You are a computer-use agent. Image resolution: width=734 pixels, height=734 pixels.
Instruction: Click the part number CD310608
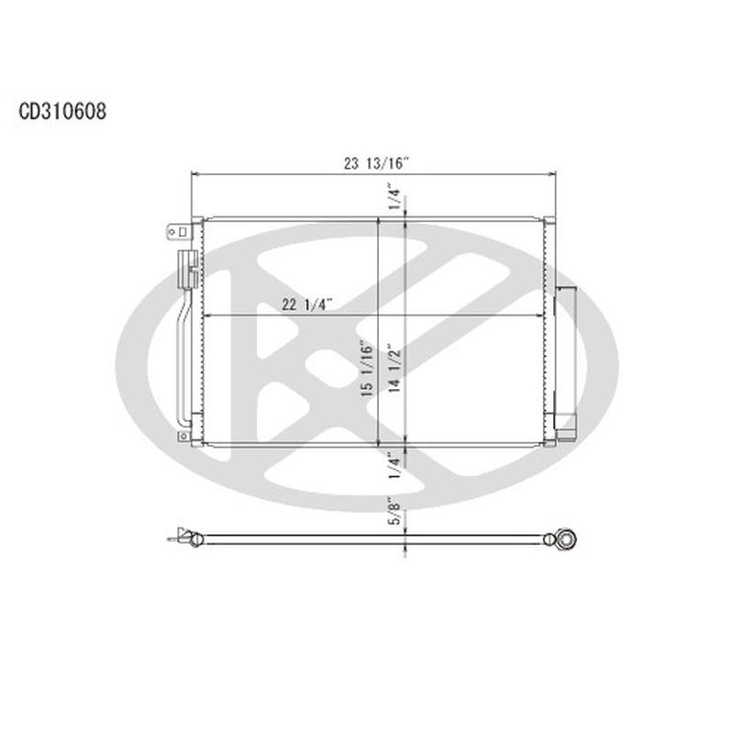coord(62,112)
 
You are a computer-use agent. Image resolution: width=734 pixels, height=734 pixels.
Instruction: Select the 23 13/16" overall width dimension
coord(376,163)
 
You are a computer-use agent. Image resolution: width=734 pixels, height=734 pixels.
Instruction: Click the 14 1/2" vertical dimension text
coord(395,367)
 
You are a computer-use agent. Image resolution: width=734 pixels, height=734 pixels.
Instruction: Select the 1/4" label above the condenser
coord(395,195)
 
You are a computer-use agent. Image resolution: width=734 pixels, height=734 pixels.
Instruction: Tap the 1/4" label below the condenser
coord(395,465)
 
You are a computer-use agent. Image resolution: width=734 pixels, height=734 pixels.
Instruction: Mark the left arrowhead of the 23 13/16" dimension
coord(194,173)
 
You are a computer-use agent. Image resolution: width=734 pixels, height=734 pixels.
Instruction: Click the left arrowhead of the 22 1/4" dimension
coord(205,316)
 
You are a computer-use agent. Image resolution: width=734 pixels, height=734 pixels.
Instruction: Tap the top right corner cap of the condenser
coord(549,220)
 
